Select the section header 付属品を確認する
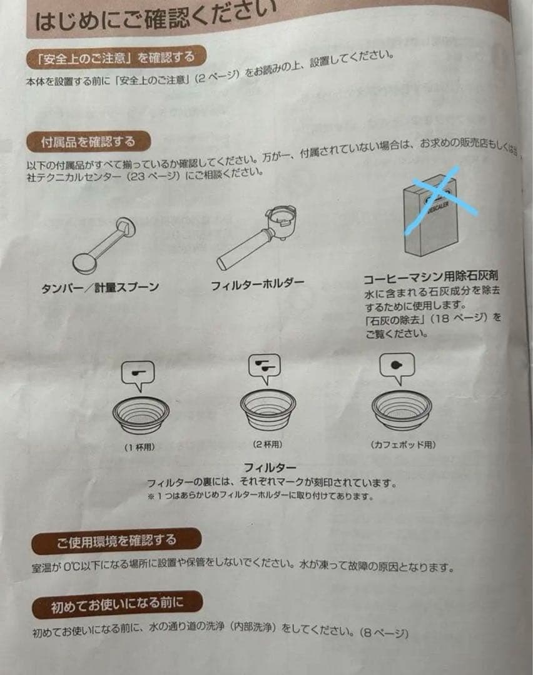[88, 142]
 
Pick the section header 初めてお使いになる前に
[117, 604]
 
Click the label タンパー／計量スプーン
[100, 287]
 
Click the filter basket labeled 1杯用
[141, 413]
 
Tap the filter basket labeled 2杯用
[268, 409]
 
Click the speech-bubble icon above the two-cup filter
[265, 368]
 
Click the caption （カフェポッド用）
[403, 445]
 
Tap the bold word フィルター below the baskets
[270, 467]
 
